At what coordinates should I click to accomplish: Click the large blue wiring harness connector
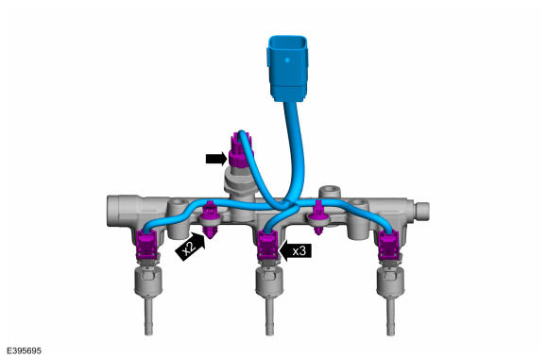[287, 69]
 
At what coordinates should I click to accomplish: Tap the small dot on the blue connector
[287, 60]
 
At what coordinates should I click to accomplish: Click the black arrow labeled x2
[191, 247]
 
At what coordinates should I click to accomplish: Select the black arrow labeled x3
[296, 250]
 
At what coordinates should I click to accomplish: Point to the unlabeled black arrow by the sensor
[216, 159]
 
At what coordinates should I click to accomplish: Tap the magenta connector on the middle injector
[268, 245]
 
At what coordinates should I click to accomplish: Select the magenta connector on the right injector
[389, 245]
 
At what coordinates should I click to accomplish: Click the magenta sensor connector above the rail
[239, 150]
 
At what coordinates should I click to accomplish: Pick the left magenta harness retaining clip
[210, 219]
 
